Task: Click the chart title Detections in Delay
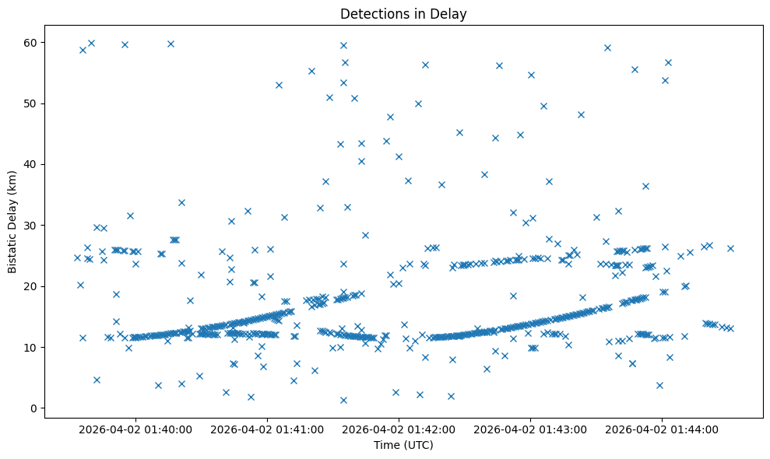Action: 403,13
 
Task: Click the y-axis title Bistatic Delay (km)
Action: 13,220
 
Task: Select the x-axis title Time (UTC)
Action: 403,446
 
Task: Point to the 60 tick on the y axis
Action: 33,42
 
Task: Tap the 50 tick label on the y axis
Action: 33,103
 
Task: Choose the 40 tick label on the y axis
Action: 33,164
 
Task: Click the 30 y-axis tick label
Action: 33,226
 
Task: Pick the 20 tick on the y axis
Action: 33,286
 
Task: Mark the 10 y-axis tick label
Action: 33,347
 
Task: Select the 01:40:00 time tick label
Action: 135,429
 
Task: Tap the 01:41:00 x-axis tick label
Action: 268,429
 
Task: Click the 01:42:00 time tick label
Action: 399,429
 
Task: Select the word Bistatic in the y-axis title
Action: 13,250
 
